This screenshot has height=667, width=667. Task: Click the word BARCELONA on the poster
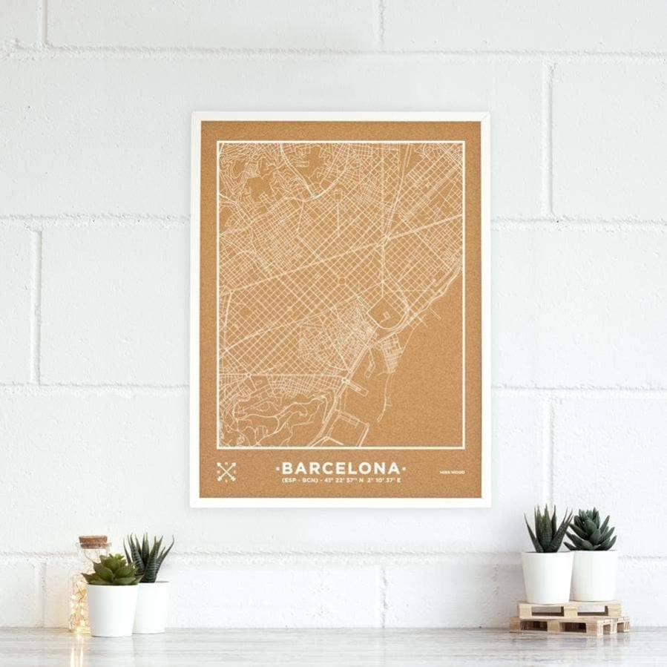point(341,469)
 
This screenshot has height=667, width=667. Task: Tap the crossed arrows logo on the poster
point(226,471)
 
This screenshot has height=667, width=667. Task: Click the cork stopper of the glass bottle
point(93,542)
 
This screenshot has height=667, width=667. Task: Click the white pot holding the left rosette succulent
point(113,609)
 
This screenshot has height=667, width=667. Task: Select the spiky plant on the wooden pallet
point(548,530)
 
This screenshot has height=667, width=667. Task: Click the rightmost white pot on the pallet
point(594,576)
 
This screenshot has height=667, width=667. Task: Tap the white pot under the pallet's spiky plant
point(547,576)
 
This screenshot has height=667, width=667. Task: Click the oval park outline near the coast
point(381,312)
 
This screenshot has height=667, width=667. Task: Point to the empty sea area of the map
point(430,386)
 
